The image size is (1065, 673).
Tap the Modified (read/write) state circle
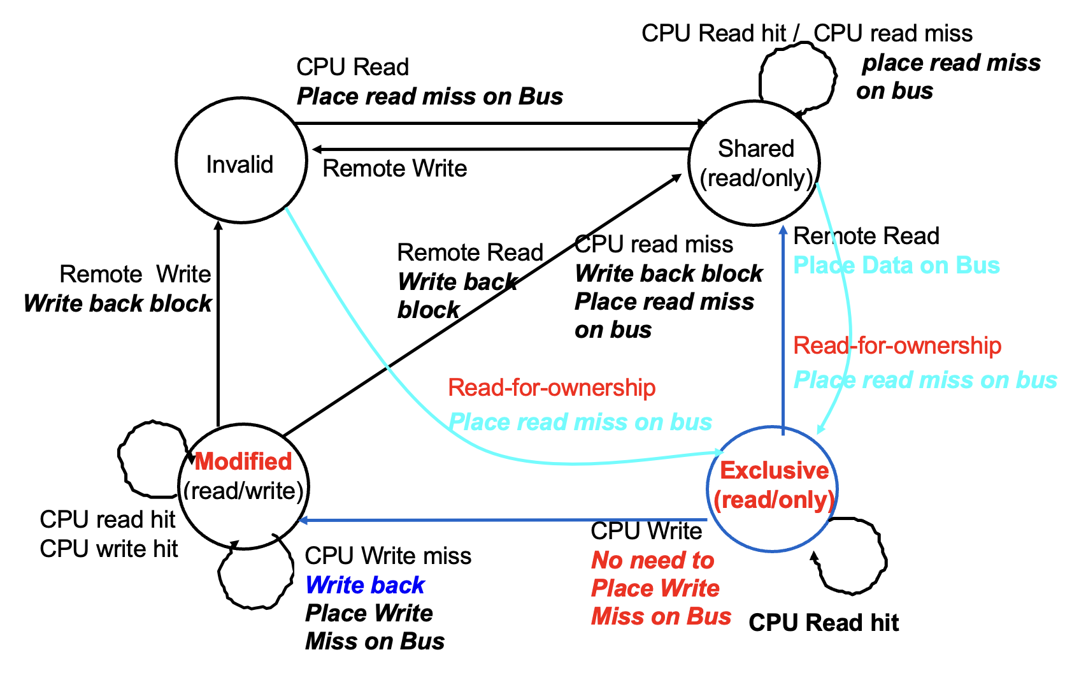243,486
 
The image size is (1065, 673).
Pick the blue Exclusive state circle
772,488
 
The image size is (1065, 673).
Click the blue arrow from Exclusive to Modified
503,520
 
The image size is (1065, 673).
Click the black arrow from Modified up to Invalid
218,325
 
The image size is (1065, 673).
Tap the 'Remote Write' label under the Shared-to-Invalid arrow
395,169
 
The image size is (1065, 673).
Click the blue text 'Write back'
365,585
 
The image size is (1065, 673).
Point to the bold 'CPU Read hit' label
824,623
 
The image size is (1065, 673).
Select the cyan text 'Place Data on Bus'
896,265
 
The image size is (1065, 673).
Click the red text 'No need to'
653,560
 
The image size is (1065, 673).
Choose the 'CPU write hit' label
109,549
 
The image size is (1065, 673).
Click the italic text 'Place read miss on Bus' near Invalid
430,96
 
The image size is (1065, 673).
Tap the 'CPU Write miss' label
388,556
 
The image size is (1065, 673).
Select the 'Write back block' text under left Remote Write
118,303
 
